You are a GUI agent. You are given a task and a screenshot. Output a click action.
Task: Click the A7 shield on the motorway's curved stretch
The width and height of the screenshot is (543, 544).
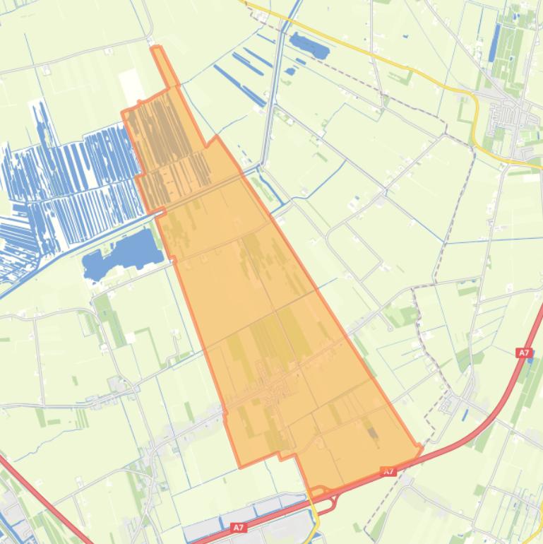(x=523, y=353)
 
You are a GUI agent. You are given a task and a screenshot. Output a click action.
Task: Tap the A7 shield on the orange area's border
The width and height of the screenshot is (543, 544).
(x=388, y=471)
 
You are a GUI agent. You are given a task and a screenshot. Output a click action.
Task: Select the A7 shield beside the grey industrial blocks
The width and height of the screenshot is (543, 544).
(x=239, y=527)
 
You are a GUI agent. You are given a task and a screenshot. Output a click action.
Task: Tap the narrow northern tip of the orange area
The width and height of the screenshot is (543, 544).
(x=157, y=53)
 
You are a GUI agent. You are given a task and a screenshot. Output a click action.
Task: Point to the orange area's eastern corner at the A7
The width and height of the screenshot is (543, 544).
(x=420, y=447)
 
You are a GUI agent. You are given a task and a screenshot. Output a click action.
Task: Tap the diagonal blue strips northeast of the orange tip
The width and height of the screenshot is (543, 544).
(x=240, y=78)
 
